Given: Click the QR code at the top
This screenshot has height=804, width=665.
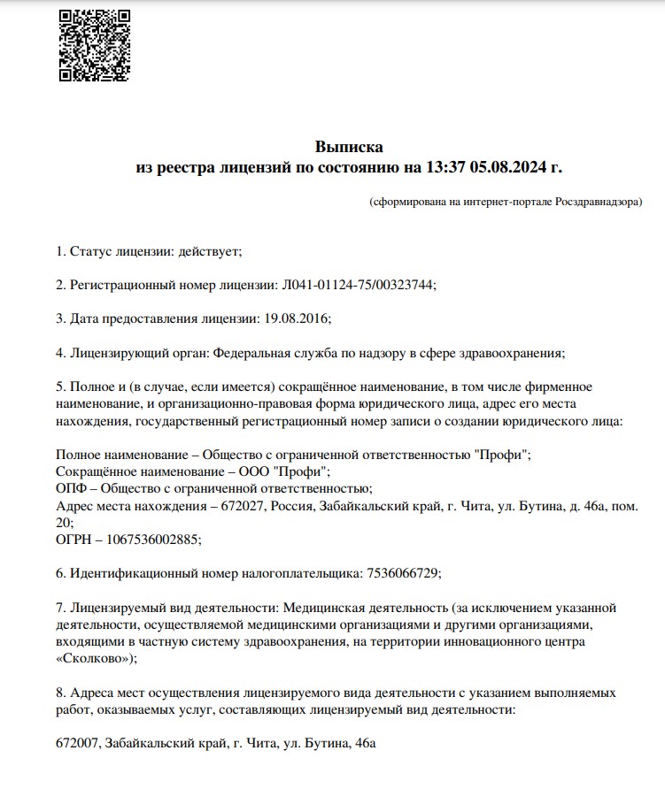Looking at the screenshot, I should tap(94, 45).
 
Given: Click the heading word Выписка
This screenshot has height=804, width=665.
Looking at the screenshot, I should tap(349, 146).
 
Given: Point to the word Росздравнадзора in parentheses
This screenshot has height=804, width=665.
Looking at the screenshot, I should tap(597, 202).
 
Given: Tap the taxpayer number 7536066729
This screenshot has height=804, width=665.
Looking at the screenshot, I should tap(402, 572).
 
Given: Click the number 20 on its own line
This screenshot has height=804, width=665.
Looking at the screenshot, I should tap(62, 522).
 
